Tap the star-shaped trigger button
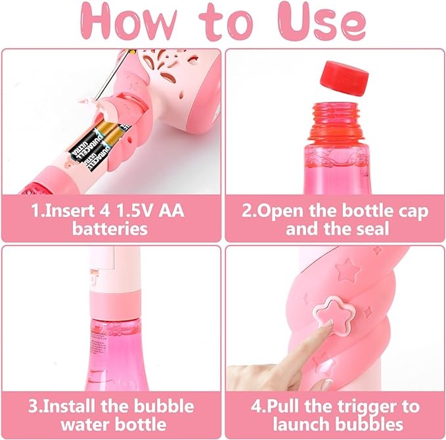pyautogui.click(x=334, y=315)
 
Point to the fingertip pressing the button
pyautogui.click(x=328, y=325)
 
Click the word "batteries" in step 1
pyautogui.click(x=110, y=229)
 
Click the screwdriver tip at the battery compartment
pyautogui.click(x=94, y=101)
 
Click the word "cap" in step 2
pyautogui.click(x=415, y=212)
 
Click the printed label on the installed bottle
pyautogui.click(x=98, y=347)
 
